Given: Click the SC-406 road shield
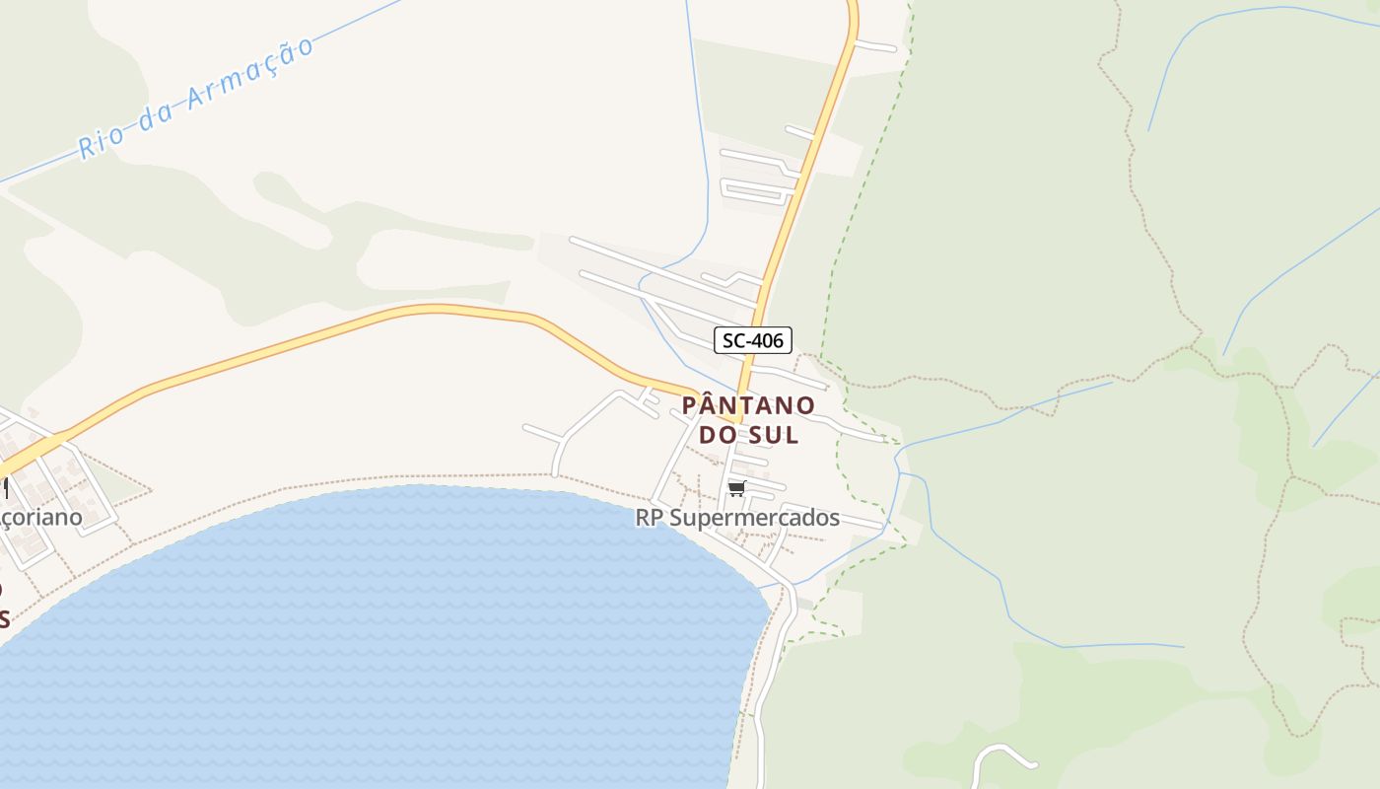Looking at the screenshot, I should (x=753, y=341).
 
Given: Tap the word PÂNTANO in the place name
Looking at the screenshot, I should (x=749, y=405).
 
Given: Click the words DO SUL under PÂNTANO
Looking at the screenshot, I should (x=749, y=434).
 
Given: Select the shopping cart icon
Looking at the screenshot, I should (x=736, y=489).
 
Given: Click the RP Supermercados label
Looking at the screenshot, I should (x=737, y=518).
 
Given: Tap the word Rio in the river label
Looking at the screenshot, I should (x=101, y=144).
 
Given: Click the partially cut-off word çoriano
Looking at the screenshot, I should (x=42, y=518).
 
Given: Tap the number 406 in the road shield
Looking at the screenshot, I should (x=769, y=341).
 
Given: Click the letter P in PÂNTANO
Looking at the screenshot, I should (x=691, y=405).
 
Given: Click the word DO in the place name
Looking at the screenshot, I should (x=717, y=434).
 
